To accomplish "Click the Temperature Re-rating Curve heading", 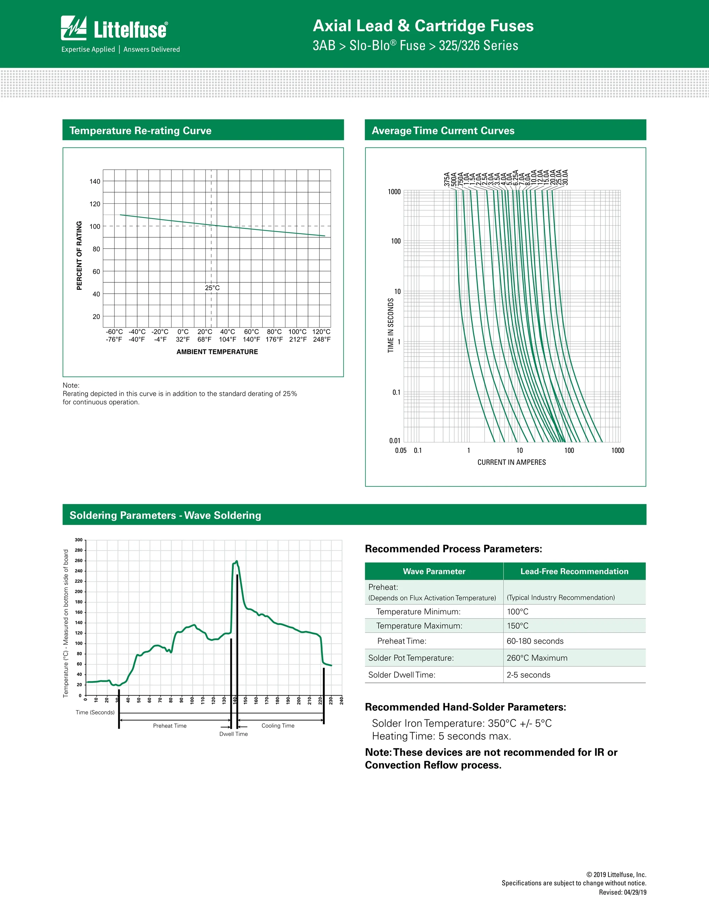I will pyautogui.click(x=140, y=131).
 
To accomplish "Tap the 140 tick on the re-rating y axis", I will pyautogui.click(x=95, y=182).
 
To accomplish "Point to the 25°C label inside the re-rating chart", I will pyautogui.click(x=212, y=288).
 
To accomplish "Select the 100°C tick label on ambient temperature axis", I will pyautogui.click(x=297, y=332).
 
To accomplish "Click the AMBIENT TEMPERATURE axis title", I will pyautogui.click(x=217, y=352).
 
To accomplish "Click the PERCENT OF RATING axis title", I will pyautogui.click(x=79, y=255).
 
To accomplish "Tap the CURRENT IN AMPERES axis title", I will pyautogui.click(x=511, y=462).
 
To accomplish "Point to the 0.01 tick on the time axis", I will pyautogui.click(x=395, y=441).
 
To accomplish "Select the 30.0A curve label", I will pyautogui.click(x=565, y=177).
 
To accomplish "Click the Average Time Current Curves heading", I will pyautogui.click(x=443, y=131).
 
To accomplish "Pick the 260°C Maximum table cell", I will pyautogui.click(x=537, y=658).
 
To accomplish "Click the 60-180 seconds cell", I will pyautogui.click(x=535, y=641).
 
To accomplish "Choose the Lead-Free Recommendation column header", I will pyautogui.click(x=574, y=571).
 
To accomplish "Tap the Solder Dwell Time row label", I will pyautogui.click(x=402, y=675).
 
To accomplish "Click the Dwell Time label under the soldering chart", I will pyautogui.click(x=234, y=734).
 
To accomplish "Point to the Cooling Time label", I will pyautogui.click(x=278, y=725).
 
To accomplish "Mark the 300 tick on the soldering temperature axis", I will pyautogui.click(x=79, y=540).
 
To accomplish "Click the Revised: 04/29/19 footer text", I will pyautogui.click(x=623, y=892).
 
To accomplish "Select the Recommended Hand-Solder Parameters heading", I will pyautogui.click(x=465, y=707).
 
